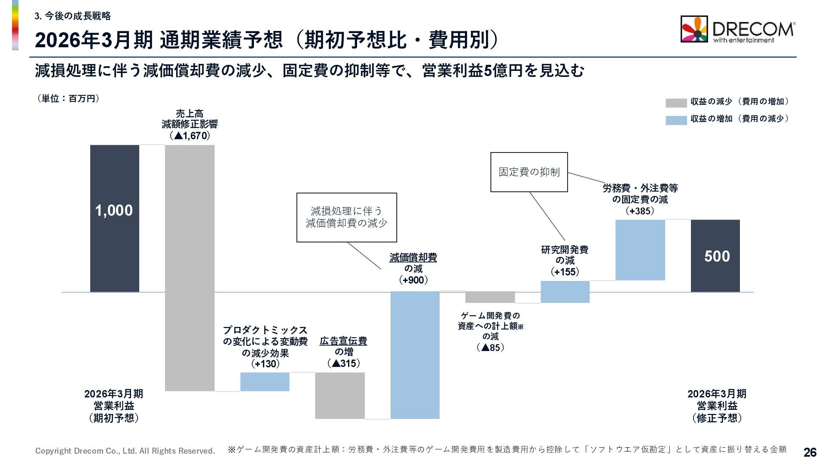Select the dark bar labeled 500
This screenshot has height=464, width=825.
715,256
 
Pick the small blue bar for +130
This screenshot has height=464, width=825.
265,382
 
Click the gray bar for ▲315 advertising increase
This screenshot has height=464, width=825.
340,395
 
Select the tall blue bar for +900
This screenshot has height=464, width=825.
415,355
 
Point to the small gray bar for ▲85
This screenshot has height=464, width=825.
490,297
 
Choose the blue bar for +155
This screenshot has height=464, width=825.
565,292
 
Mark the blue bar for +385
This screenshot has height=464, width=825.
640,250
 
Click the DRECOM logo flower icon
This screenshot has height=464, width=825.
694,29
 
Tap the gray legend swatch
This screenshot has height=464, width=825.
676,103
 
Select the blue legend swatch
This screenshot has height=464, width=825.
676,120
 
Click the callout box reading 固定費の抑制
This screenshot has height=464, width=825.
529,172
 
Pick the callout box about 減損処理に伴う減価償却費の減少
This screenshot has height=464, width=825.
346,217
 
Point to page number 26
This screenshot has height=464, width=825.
810,452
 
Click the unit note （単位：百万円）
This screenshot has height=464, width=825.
68,99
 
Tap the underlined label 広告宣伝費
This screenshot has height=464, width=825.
343,341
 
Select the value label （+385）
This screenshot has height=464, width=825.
640,211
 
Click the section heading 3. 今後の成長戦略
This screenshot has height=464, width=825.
73,16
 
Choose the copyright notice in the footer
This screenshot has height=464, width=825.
125,451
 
